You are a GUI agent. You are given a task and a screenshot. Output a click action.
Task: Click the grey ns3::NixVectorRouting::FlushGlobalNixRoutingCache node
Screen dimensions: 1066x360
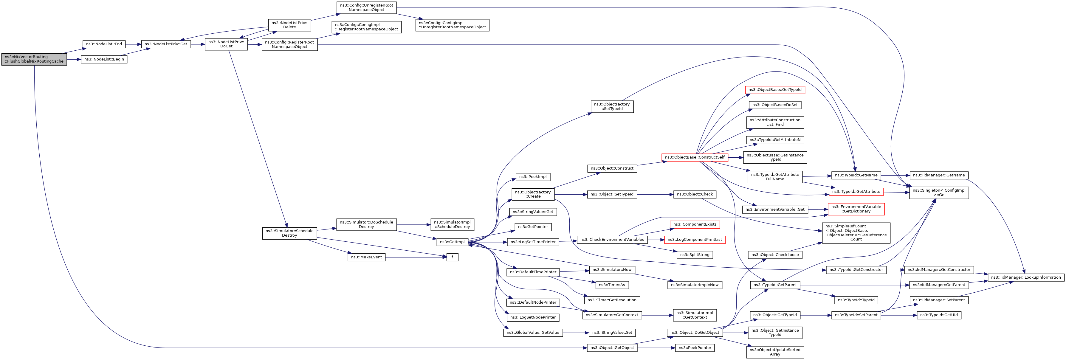tap(34, 59)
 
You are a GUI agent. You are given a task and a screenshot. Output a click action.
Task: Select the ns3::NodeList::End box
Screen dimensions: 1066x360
tap(104, 44)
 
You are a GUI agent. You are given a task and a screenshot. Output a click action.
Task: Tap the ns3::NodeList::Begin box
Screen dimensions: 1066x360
tap(104, 59)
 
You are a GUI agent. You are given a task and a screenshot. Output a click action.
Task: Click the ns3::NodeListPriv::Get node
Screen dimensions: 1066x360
tap(166, 44)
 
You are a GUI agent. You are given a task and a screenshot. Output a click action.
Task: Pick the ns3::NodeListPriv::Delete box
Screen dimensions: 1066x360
tap(290, 25)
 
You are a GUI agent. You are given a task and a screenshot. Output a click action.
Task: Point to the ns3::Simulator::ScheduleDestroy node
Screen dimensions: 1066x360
tap(290, 233)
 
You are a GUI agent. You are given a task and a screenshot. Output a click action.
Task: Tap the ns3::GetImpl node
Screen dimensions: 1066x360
tap(452, 242)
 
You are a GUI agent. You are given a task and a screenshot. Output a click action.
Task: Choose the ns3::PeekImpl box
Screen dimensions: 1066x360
tap(533, 177)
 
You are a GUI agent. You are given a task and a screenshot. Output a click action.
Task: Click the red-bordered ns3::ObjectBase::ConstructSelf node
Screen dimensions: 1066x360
tap(695, 157)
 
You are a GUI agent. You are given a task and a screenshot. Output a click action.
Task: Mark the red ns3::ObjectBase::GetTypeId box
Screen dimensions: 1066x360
tap(775, 90)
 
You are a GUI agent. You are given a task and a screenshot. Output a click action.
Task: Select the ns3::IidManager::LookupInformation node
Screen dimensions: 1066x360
tap(1026, 277)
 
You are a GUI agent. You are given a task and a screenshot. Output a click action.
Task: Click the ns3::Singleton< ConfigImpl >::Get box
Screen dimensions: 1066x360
tap(939, 193)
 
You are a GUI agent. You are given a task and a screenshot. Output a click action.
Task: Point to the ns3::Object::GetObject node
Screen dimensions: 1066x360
tap(612, 347)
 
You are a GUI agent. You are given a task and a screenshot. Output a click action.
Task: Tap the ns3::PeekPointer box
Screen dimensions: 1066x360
tap(695, 347)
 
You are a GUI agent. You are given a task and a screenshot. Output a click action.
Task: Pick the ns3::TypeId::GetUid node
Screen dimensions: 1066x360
tap(939, 315)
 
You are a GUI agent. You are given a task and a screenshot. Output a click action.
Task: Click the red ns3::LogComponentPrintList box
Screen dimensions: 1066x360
tap(695, 240)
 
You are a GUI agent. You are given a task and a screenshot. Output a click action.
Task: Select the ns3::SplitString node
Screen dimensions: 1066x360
tap(695, 255)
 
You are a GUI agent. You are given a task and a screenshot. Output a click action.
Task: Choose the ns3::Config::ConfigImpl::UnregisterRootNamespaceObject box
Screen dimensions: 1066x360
tap(452, 25)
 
